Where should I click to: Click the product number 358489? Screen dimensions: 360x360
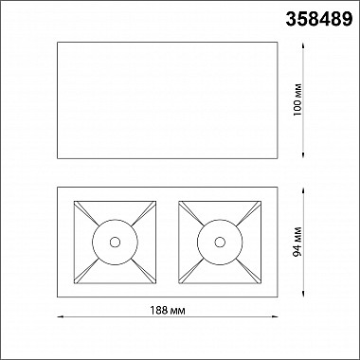pyautogui.click(x=319, y=19)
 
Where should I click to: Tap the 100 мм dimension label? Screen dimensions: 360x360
pyautogui.click(x=297, y=100)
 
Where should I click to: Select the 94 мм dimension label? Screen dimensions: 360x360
pyautogui.click(x=297, y=242)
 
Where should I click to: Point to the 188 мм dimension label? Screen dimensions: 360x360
pyautogui.click(x=167, y=311)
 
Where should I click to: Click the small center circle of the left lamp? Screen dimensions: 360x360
pyautogui.click(x=115, y=243)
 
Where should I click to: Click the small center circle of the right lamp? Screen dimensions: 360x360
pyautogui.click(x=220, y=243)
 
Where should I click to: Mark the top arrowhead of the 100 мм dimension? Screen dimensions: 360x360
pyautogui.click(x=303, y=45)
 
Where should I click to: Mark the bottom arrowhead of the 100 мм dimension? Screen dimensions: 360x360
pyautogui.click(x=303, y=155)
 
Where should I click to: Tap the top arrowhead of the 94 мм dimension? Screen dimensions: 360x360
pyautogui.click(x=303, y=190)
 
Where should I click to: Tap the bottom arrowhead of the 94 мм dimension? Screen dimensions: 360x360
pyautogui.click(x=303, y=294)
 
